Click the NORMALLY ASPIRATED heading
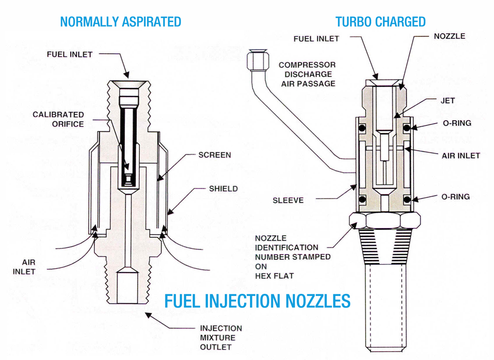(120, 22)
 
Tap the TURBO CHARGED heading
(380, 22)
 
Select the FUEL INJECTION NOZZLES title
(257, 301)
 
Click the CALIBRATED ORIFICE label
(58, 119)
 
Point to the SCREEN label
(214, 155)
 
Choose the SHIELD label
(223, 188)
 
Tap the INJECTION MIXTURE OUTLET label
(221, 338)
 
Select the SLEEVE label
(288, 200)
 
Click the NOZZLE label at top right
(449, 36)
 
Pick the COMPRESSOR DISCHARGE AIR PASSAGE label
(307, 74)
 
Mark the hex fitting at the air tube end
(255, 59)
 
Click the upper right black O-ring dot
(407, 128)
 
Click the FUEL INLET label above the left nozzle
(70, 54)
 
